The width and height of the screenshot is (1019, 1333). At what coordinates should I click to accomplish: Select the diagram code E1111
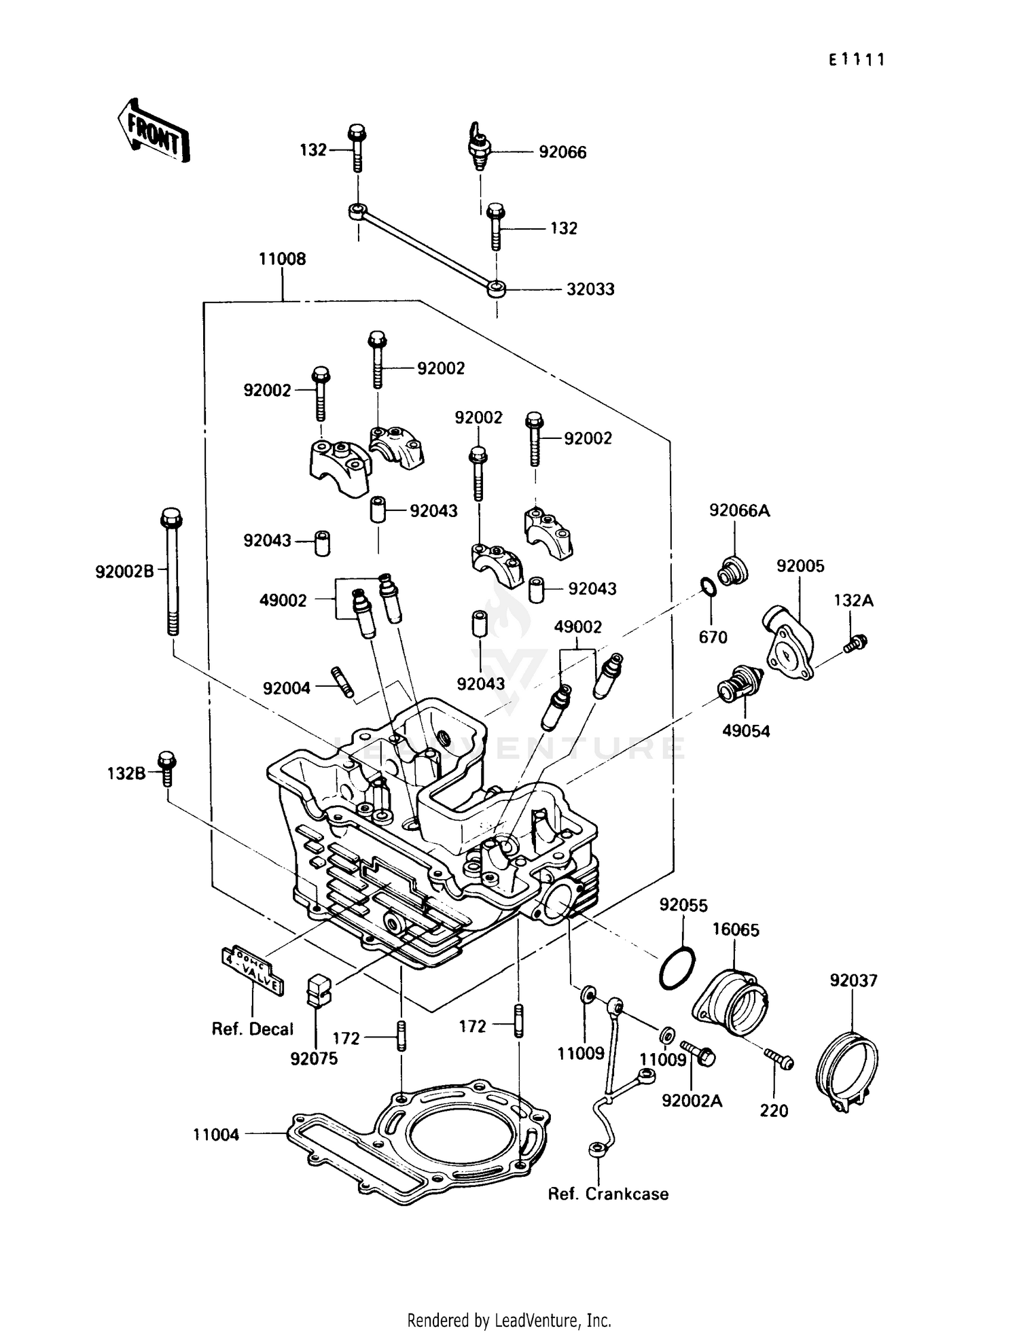[856, 60]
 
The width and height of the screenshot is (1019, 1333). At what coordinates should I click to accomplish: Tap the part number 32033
[590, 289]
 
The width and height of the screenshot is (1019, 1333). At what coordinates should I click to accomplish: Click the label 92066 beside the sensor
[562, 152]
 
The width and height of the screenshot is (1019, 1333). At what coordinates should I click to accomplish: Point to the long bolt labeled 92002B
[171, 571]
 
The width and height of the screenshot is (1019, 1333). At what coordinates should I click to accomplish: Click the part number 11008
[282, 259]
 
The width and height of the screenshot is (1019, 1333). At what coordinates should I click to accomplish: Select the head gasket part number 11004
[216, 1135]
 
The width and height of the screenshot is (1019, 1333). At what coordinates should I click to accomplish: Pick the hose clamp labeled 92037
[846, 1071]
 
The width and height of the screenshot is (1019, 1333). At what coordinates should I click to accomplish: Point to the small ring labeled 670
[707, 586]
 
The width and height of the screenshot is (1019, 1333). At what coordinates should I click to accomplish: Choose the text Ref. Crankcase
[608, 1213]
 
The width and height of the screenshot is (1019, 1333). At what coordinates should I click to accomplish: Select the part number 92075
[314, 1059]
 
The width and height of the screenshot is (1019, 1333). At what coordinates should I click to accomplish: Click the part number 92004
[286, 688]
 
